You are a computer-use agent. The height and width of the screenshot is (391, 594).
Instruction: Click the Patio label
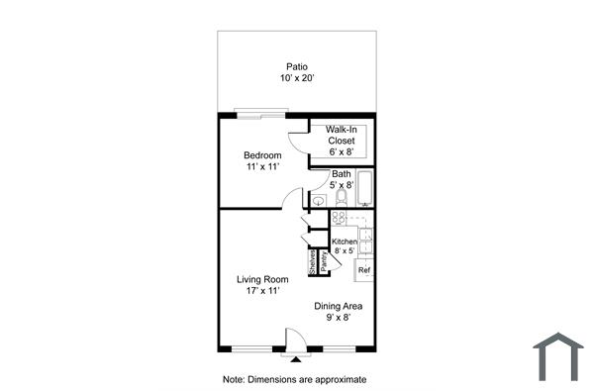click(297, 67)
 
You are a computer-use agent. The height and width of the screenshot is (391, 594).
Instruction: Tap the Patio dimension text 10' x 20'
click(297, 78)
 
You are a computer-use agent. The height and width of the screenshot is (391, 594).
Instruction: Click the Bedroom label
click(263, 155)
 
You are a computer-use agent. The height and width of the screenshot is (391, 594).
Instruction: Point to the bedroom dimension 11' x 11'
click(263, 167)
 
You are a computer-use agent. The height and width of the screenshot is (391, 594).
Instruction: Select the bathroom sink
click(317, 201)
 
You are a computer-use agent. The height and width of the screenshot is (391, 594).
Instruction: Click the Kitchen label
click(345, 242)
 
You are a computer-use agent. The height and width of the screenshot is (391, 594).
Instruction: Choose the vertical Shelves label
click(312, 261)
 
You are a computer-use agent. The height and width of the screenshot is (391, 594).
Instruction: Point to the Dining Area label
click(339, 306)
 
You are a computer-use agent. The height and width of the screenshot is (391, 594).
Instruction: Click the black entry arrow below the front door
click(293, 357)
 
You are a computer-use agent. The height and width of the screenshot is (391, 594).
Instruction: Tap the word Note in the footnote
click(234, 379)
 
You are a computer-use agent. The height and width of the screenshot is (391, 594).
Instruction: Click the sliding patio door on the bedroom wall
click(262, 112)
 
